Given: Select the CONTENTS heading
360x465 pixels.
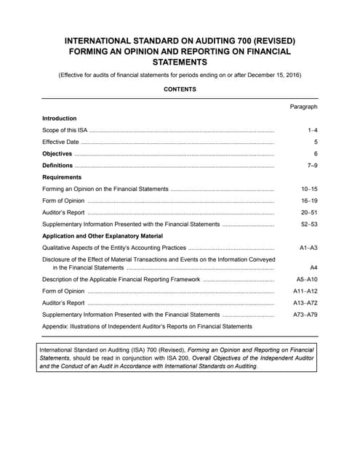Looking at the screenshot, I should (180, 89).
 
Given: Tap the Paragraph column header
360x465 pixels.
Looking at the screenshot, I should (303, 107).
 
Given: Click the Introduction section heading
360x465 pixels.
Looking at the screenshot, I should (60, 118).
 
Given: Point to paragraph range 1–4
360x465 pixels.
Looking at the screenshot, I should (312, 130).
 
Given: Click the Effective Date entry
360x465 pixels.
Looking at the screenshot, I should (60, 142).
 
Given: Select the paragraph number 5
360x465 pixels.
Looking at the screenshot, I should (316, 142).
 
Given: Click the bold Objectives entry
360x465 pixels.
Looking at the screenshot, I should (57, 154).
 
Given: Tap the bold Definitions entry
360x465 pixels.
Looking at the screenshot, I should (57, 166).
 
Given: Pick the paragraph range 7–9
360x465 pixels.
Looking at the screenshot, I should (312, 166).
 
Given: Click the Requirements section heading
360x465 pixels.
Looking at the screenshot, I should (62, 177).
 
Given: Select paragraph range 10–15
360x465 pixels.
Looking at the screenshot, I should (309, 189).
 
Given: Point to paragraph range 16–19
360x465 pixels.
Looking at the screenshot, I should (309, 201).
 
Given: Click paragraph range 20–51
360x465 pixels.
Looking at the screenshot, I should (309, 212).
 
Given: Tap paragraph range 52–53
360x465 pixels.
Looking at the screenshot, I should (309, 225).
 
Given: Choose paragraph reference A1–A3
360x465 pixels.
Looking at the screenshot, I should (308, 248).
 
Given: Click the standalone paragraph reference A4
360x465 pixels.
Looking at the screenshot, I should (314, 267).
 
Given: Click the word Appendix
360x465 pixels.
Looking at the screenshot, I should (57, 326).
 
